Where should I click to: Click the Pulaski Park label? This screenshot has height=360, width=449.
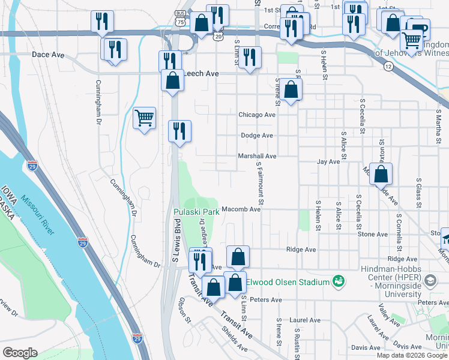pyautogui.click(x=196, y=212)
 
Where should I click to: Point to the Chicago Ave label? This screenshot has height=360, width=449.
pyautogui.click(x=257, y=115)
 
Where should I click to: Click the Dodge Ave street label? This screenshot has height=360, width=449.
pyautogui.click(x=257, y=136)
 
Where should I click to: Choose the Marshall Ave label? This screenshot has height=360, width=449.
pyautogui.click(x=257, y=156)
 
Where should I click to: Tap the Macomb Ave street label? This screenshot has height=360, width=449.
pyautogui.click(x=241, y=209)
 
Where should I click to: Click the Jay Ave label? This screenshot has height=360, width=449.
pyautogui.click(x=328, y=162)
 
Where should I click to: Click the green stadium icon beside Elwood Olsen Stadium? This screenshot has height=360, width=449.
pyautogui.click(x=339, y=281)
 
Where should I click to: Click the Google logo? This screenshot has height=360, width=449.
pyautogui.click(x=20, y=353)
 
